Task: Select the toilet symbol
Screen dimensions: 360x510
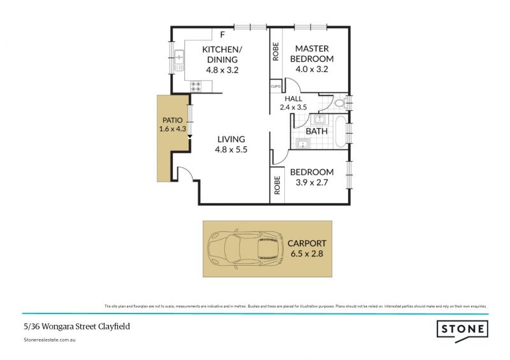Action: tap(340, 102)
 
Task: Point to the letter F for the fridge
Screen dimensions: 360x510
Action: tap(222, 34)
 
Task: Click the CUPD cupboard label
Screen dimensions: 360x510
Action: tap(276, 87)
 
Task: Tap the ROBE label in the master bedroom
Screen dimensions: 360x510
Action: tap(276, 52)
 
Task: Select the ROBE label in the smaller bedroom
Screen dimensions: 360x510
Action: tap(276, 185)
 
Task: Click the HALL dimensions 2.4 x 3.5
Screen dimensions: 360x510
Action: tap(293, 107)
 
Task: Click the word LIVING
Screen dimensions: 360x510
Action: tap(230, 140)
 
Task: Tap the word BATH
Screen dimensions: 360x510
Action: tap(317, 131)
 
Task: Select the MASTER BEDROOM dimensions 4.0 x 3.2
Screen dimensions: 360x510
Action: tap(312, 69)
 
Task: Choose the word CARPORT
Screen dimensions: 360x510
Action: tap(307, 243)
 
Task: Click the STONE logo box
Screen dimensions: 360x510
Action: tap(462, 329)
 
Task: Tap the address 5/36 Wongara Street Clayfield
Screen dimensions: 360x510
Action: tap(68, 326)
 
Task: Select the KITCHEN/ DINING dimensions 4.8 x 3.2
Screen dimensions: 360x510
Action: tap(222, 70)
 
